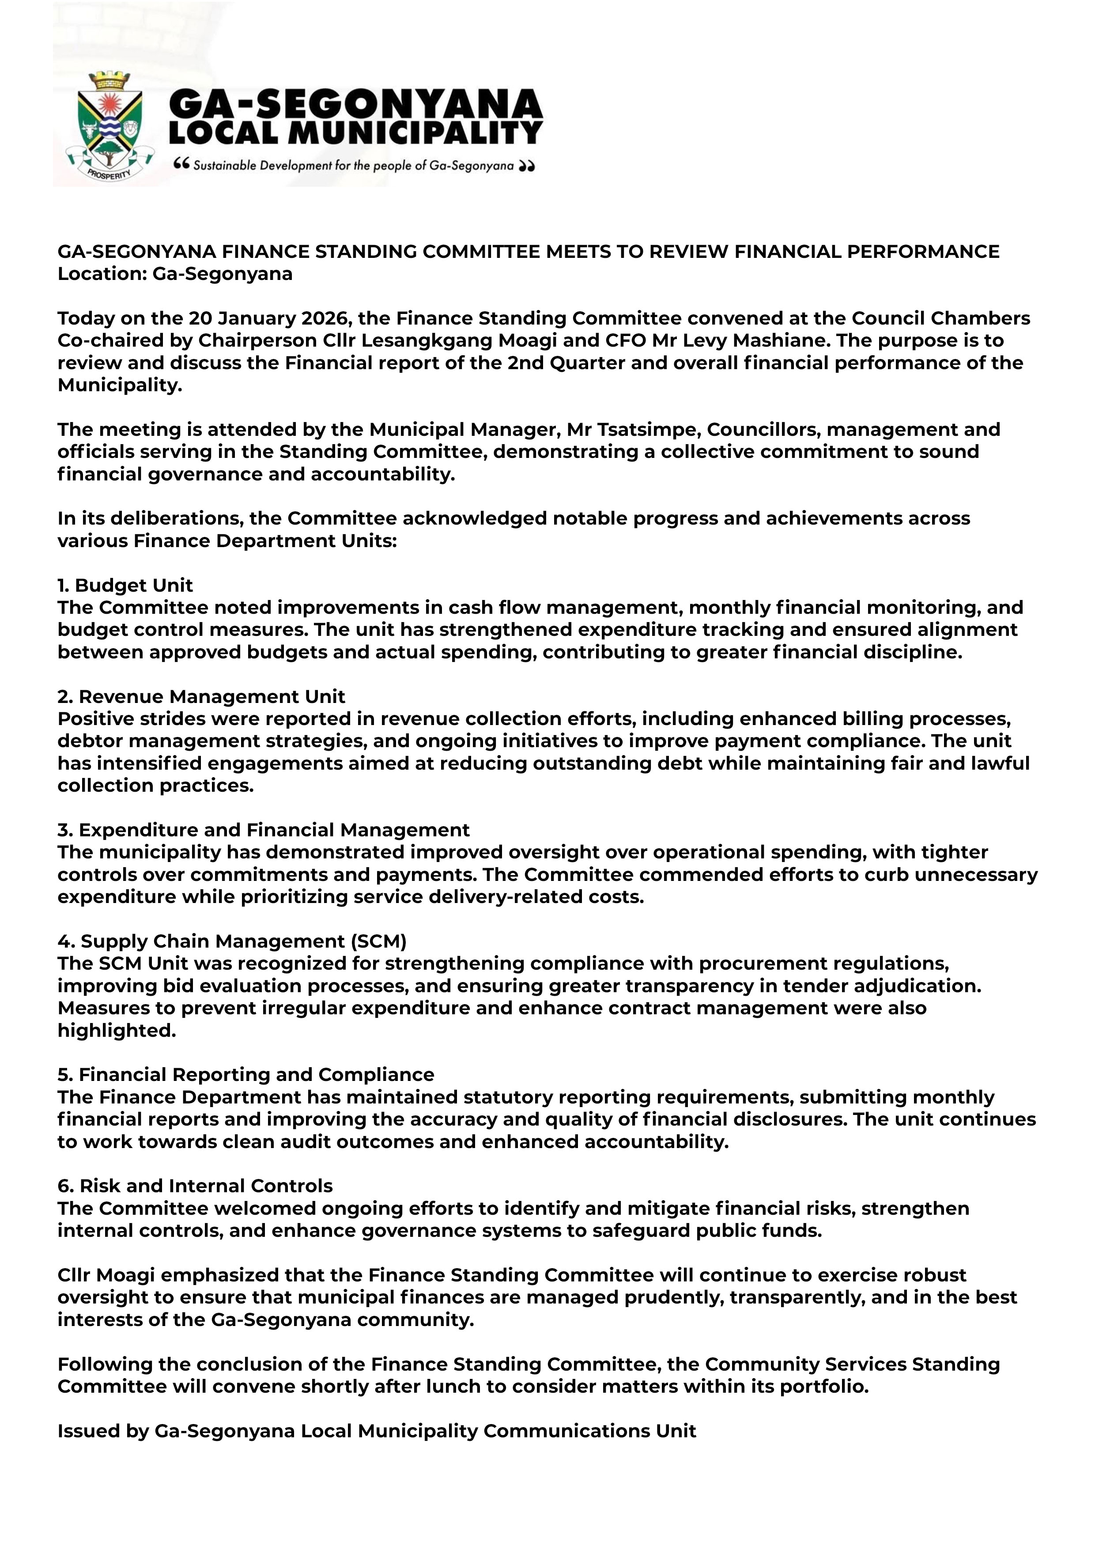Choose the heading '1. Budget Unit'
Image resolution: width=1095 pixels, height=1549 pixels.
[125, 586]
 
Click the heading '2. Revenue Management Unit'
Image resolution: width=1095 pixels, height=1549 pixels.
[201, 697]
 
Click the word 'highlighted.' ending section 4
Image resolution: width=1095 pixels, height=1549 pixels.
[116, 1031]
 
